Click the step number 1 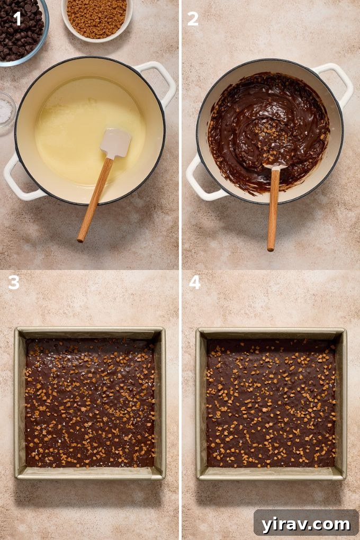click(17, 19)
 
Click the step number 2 click(193, 19)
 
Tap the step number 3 click(14, 282)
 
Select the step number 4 click(195, 282)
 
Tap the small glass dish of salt click(6, 110)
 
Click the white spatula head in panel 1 click(115, 143)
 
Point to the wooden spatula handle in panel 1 click(95, 199)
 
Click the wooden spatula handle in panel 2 click(273, 209)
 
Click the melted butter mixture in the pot click(79, 127)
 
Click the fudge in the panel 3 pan click(89, 402)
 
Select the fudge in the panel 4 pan click(271, 402)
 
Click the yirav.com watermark click(306, 524)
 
